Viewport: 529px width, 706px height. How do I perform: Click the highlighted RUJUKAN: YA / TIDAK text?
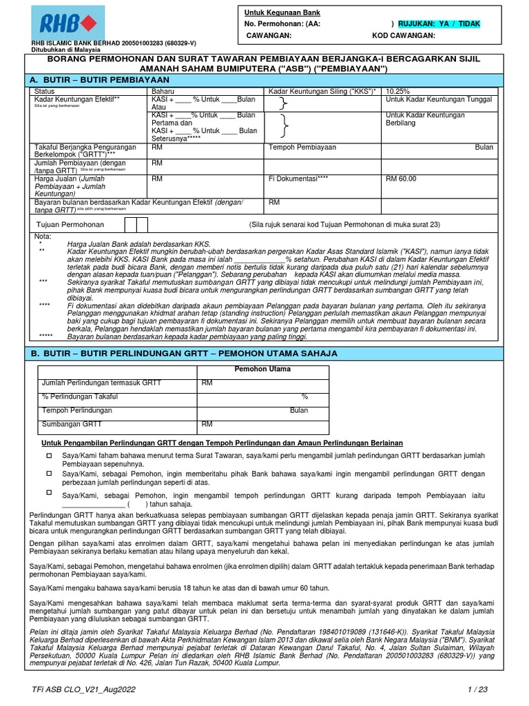pyautogui.click(x=439, y=23)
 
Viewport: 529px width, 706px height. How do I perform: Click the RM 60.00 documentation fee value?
pyautogui.click(x=402, y=179)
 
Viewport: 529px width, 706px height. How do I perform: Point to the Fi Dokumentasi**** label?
pyautogui.click(x=298, y=179)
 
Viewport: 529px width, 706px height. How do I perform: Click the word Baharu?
pyautogui.click(x=163, y=91)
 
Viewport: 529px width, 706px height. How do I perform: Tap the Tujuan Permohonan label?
pyautogui.click(x=70, y=225)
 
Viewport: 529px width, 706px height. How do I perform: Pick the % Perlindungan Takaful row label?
pyautogui.click(x=80, y=396)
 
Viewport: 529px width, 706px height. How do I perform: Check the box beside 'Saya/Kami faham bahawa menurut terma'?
pyautogui.click(x=49, y=456)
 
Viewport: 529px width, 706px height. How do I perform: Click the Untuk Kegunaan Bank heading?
pyautogui.click(x=282, y=12)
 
